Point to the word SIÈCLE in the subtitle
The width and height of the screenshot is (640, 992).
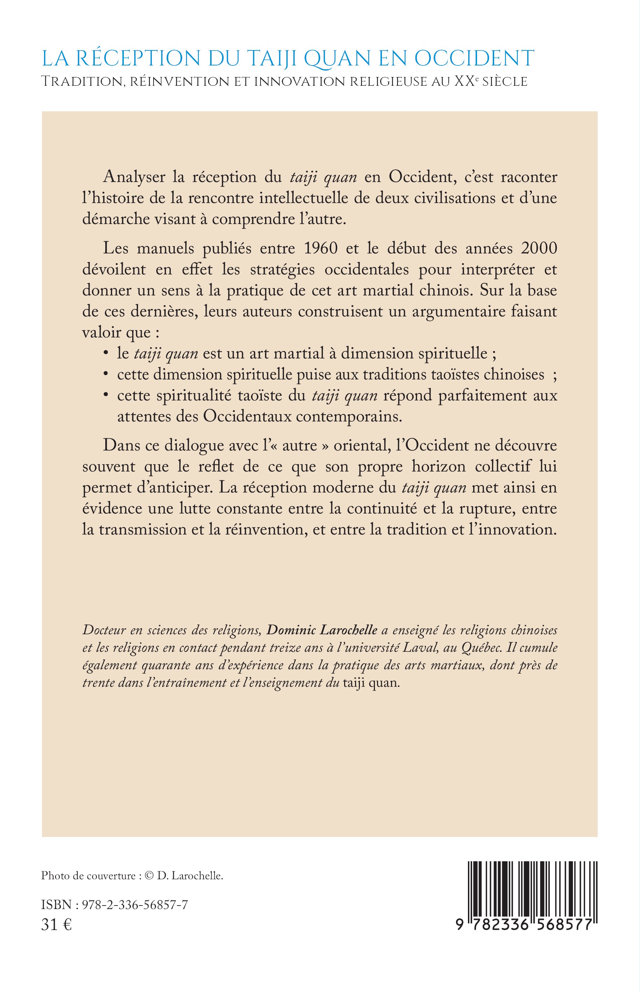(503, 82)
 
